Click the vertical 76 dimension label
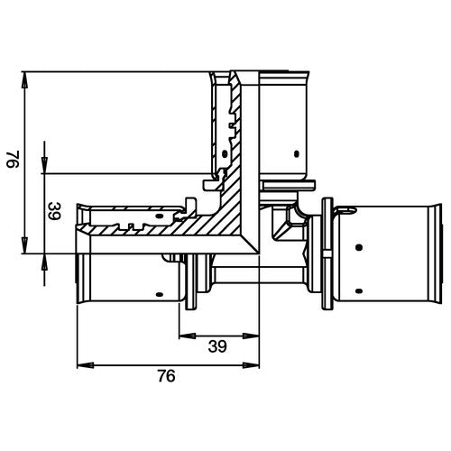13,159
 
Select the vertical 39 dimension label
54,211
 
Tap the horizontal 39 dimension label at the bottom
217,346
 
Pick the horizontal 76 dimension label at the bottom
166,376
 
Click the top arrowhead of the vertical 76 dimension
25,79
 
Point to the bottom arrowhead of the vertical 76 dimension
25,245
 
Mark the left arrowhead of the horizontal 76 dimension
86,365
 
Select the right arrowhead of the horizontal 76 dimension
251,365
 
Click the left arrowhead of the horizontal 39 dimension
188,336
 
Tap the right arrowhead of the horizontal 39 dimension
251,336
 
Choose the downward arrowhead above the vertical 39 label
44,165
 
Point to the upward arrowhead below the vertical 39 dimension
44,262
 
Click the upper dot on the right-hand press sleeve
358,247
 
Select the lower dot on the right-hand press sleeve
358,290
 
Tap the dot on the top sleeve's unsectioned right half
297,154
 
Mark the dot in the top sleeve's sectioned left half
225,154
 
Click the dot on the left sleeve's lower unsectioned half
160,294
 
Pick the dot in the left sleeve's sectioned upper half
160,216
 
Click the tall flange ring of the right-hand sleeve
327,253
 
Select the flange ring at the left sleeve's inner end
191,281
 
